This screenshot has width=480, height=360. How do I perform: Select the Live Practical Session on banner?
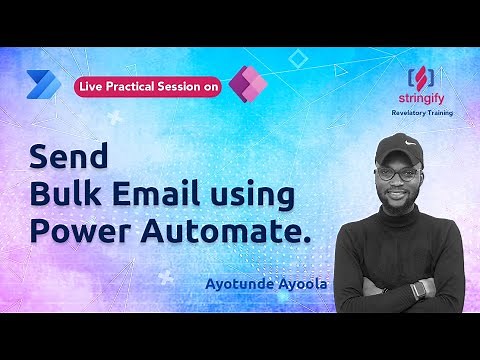coord(147,88)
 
